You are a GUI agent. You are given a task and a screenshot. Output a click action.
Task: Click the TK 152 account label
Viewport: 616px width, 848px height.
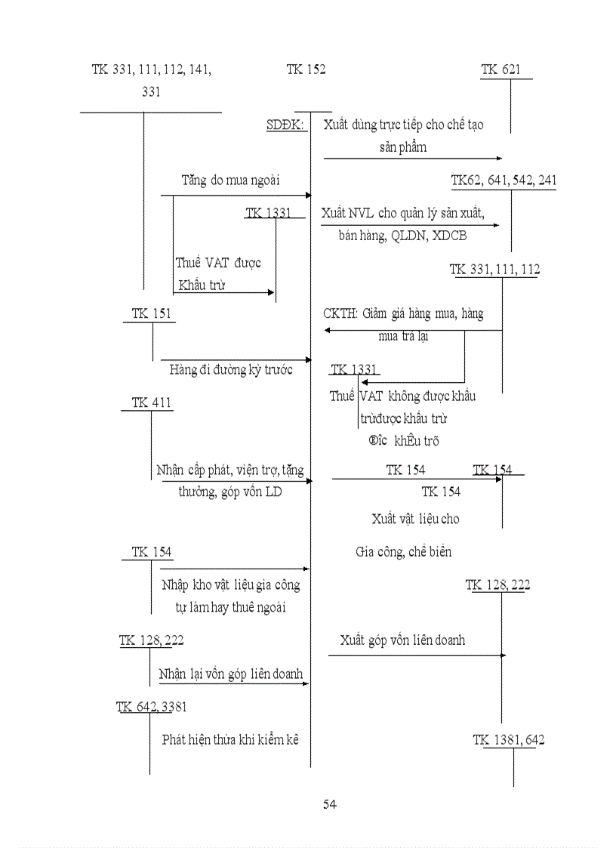(306, 70)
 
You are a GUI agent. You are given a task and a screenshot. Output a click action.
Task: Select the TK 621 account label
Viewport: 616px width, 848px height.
(500, 70)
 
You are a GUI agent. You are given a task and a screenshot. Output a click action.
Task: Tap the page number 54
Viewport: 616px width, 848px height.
(329, 804)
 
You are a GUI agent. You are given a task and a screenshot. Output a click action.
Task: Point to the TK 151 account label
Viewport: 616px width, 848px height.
(151, 314)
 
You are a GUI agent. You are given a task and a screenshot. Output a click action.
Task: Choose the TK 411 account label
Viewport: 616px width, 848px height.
(151, 403)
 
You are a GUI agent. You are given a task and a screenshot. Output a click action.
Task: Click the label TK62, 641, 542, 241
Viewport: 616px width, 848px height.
(504, 180)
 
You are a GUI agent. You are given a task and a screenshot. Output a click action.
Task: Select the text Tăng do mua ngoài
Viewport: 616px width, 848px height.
(230, 180)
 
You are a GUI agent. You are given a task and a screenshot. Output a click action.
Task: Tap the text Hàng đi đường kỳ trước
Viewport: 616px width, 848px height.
(231, 370)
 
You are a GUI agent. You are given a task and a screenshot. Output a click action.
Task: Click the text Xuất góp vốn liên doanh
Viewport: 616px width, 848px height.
(402, 640)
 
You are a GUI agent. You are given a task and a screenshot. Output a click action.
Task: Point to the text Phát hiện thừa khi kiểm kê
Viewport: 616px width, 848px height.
(230, 739)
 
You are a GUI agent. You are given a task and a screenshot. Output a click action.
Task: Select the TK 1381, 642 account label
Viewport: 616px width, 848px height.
(509, 740)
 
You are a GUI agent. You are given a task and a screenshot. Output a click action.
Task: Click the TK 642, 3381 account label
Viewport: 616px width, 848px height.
(152, 707)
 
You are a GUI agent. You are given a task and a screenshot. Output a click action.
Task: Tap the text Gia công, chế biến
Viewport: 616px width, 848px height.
(403, 552)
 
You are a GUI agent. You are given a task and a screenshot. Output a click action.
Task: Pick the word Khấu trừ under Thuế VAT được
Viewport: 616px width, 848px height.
(202, 285)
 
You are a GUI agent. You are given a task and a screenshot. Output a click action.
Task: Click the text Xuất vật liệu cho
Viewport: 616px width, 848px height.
(415, 519)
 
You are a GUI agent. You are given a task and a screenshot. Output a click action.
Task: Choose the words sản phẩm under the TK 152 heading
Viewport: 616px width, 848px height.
(403, 147)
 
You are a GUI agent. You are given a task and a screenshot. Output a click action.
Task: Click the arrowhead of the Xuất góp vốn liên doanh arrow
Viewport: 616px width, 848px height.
(503, 655)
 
